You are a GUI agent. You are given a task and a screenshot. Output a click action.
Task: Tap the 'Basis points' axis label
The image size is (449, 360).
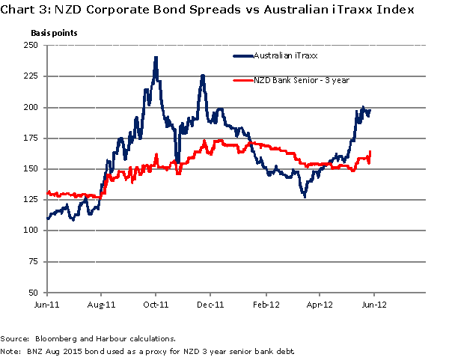coord(53,34)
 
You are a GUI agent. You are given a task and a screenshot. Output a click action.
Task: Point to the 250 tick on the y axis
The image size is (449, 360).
coord(32,46)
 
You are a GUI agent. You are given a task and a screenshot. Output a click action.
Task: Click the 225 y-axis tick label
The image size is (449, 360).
coord(32,76)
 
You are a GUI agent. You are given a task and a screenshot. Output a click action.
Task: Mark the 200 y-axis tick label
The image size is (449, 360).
coord(32,107)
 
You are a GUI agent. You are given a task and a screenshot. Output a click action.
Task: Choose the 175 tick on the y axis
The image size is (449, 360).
coord(32,138)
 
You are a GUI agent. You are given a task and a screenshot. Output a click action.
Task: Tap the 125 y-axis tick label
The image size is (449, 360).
coord(32,200)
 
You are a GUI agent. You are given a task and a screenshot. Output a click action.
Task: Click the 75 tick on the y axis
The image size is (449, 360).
coord(34,261)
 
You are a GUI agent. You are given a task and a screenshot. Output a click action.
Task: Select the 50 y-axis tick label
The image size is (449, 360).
coord(34,293)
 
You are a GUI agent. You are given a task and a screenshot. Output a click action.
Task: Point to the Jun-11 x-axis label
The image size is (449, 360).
coord(46,305)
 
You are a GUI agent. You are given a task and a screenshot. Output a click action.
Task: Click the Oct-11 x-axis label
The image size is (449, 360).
coord(156,305)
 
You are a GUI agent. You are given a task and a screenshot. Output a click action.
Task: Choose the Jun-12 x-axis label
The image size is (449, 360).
coord(373,305)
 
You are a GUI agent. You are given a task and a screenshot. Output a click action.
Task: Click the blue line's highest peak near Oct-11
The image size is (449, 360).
coord(155,57)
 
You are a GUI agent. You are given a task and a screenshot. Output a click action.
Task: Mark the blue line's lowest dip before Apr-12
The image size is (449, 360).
coord(305,196)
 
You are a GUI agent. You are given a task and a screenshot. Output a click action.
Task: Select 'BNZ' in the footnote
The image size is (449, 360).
coord(31,350)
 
